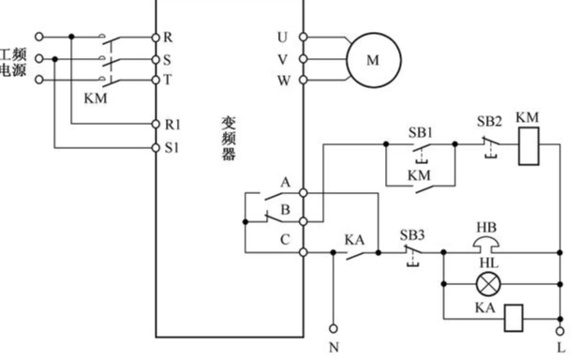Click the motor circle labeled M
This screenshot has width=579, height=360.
point(373,59)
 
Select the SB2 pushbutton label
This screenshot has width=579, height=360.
point(489,122)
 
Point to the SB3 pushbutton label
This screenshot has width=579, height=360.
point(413,235)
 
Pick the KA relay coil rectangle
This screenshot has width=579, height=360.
point(513,318)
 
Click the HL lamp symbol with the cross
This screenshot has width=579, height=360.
point(485,284)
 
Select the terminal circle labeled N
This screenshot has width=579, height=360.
point(333,330)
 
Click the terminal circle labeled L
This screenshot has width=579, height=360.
point(560,330)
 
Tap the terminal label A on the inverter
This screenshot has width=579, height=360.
point(284,181)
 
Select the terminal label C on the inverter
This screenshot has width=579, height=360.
point(284,237)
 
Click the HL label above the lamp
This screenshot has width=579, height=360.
point(485,266)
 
